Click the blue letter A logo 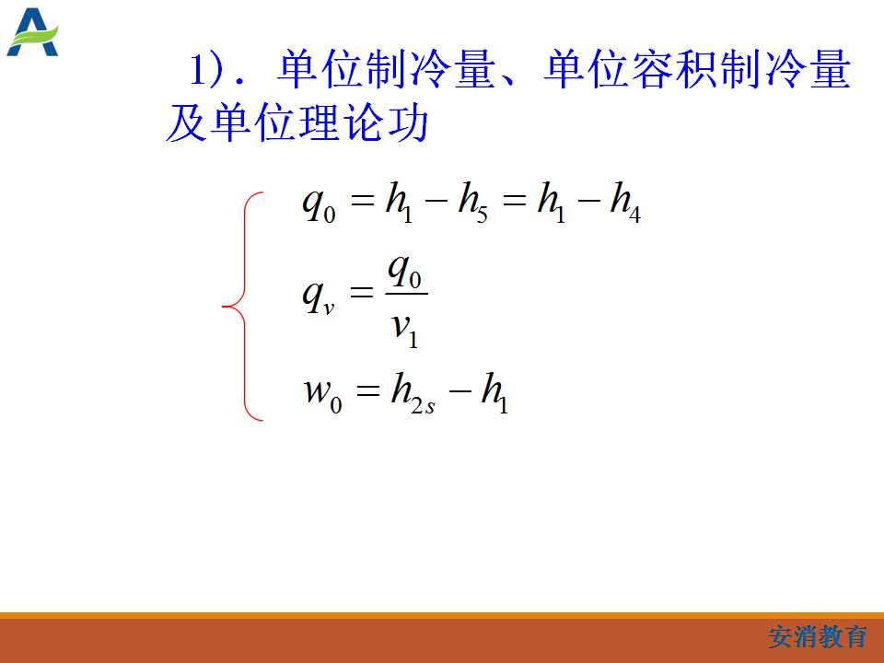coord(32,33)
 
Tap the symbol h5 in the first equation coord(472,203)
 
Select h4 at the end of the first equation coord(625,203)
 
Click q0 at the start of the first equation coord(320,204)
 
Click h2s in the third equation coord(413,393)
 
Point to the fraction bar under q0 coord(406,294)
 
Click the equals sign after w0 coord(367,390)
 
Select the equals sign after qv coord(362,292)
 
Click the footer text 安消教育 coord(818,637)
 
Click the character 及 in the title coord(185,122)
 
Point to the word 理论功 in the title coord(343,122)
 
